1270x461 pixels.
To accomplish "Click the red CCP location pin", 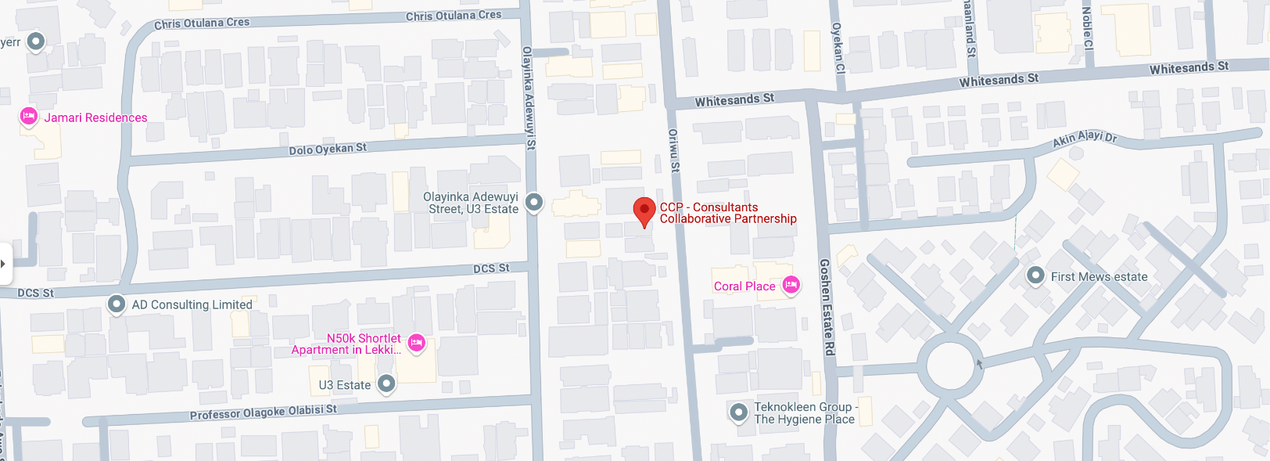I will [644, 210].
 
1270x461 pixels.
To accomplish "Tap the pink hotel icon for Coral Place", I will [791, 285].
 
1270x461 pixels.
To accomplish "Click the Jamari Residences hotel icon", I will [29, 117].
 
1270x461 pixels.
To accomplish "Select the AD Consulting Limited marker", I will [117, 304].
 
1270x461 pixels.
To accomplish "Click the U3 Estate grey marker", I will [386, 384].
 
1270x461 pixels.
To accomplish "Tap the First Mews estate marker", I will [1035, 276].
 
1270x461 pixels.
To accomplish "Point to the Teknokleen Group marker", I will [738, 412].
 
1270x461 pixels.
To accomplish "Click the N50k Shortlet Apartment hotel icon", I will [416, 342].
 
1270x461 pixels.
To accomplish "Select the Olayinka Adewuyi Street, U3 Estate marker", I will [533, 203].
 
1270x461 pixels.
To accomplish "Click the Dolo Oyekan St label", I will [328, 149].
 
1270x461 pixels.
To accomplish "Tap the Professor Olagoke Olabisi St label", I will [263, 412].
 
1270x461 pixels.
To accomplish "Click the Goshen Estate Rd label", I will [827, 307].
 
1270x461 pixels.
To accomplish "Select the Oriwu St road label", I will [673, 150].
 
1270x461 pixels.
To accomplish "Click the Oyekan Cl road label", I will [838, 47].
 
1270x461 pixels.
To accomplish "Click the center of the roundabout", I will [950, 366].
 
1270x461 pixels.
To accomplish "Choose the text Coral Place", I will [744, 286].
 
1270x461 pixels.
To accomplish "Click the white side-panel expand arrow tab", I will [5, 263].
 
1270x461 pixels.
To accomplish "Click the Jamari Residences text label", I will [95, 117].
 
